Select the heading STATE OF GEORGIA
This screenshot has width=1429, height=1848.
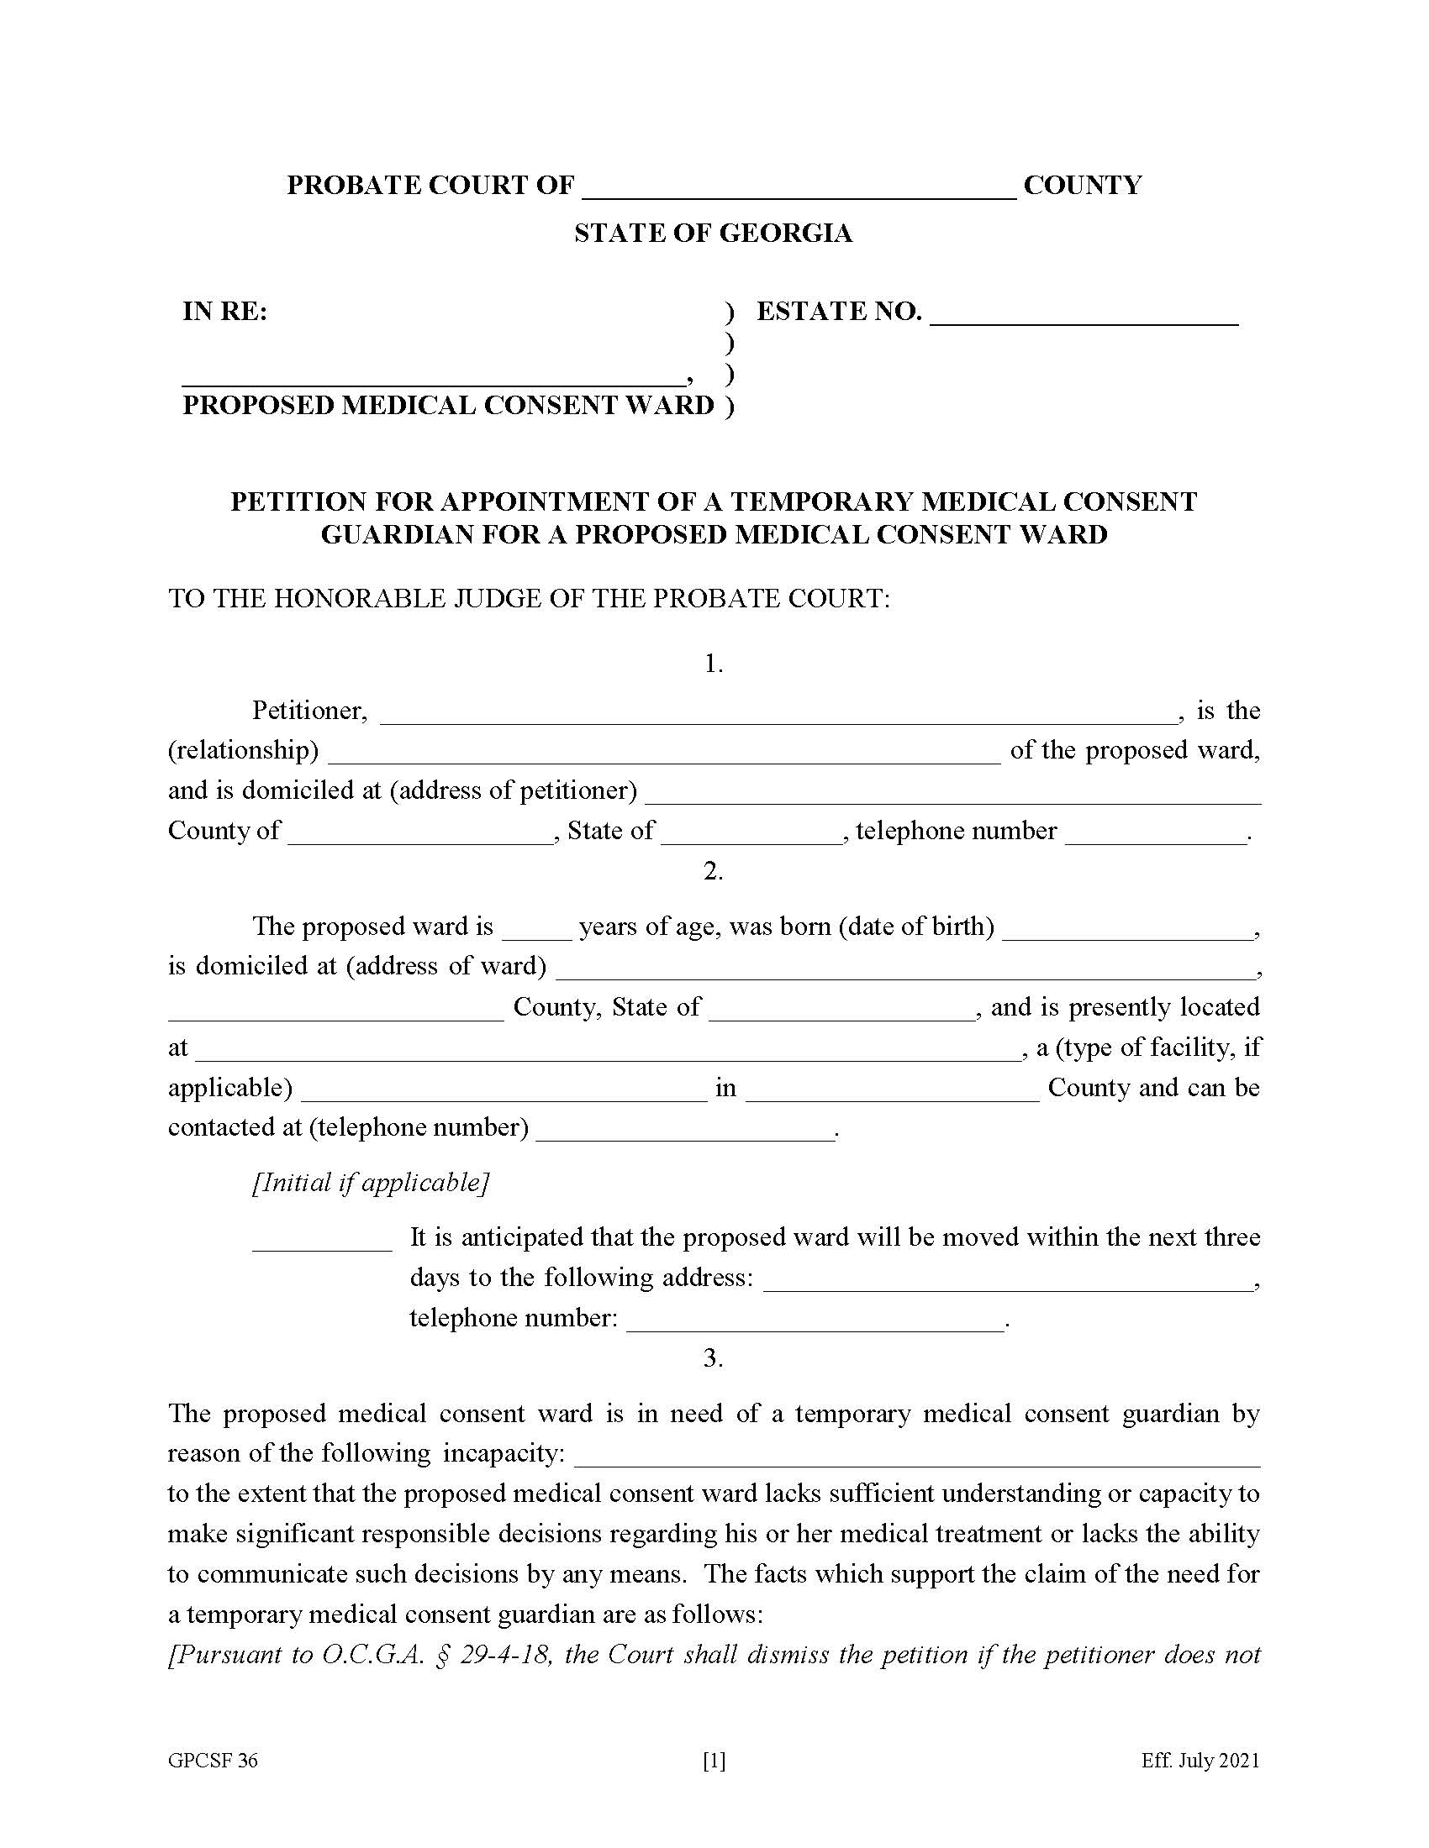click(x=713, y=233)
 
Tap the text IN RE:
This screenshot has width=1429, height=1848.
click(x=224, y=312)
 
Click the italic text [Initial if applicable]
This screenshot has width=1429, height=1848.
click(x=371, y=1182)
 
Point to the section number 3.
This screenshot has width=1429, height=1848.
click(x=713, y=1357)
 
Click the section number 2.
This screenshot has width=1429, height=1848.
click(x=713, y=871)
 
